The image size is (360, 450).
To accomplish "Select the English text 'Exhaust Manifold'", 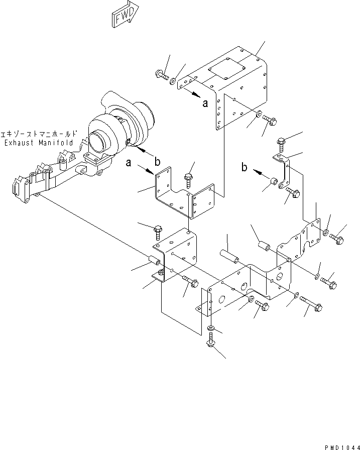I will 38,143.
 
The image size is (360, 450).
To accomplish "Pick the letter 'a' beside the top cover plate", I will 204,103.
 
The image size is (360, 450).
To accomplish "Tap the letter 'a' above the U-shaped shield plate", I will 130,163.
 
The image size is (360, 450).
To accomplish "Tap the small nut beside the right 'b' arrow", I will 274,181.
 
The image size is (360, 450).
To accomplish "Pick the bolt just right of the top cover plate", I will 270,121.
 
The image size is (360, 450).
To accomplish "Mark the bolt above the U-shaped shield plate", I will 189,177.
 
